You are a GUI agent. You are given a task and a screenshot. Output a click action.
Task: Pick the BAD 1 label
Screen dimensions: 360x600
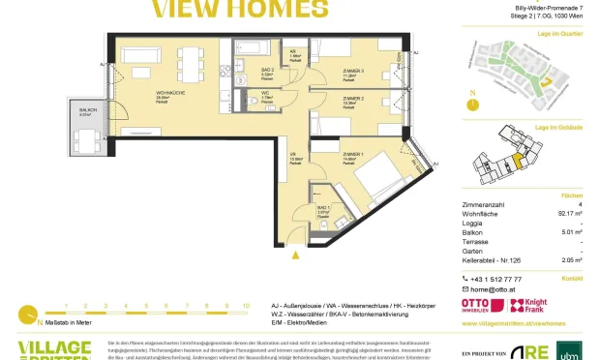[x=323, y=206]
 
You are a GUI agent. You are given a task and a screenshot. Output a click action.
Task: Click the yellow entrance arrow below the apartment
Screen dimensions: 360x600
[x=295, y=255]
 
